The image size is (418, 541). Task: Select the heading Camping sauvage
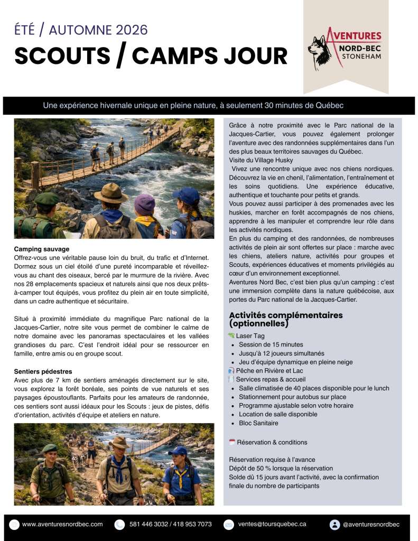[42, 249]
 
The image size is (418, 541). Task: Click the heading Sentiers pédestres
[43, 371]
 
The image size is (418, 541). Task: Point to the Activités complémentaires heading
[285, 319]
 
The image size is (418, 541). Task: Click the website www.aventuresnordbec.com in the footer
[62, 524]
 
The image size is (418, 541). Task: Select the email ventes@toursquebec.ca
[272, 524]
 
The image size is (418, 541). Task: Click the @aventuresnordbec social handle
[371, 524]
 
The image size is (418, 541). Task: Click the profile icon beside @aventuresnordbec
[334, 525]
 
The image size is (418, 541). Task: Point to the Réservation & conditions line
[272, 442]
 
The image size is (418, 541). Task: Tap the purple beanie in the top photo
[144, 204]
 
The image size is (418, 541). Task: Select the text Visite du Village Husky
[261, 160]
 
